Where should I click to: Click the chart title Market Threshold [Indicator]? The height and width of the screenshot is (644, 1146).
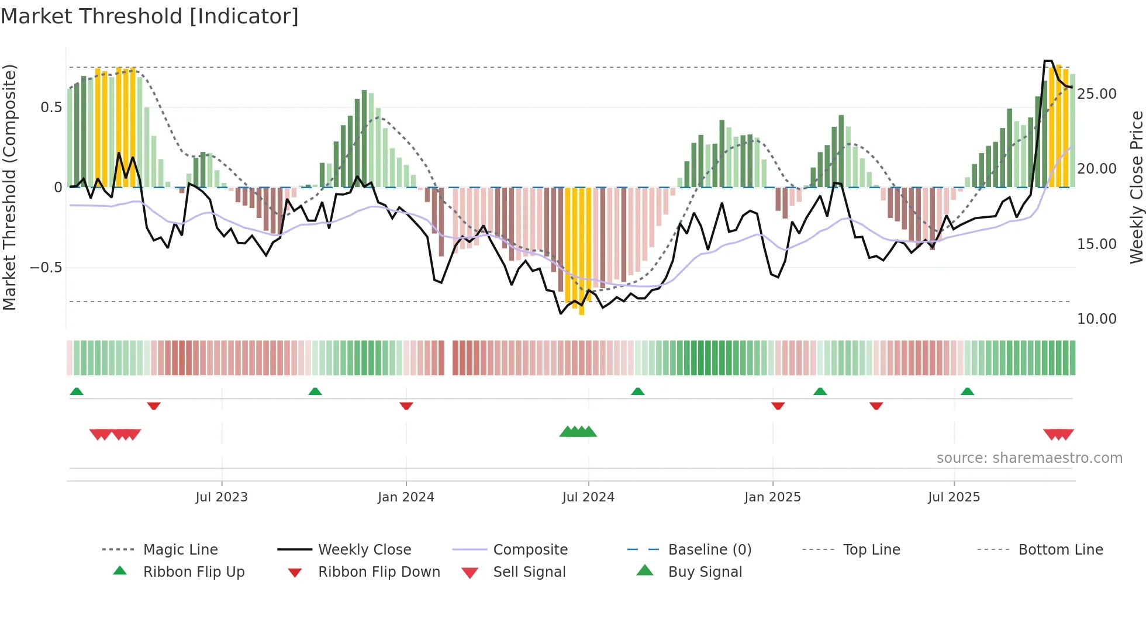click(x=150, y=16)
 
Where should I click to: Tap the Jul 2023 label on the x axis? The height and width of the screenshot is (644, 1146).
click(x=222, y=497)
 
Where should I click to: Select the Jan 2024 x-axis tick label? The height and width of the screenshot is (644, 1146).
click(x=406, y=497)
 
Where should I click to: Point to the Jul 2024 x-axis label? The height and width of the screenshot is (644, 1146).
click(x=588, y=497)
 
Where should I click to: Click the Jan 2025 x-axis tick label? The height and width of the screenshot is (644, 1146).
click(x=772, y=497)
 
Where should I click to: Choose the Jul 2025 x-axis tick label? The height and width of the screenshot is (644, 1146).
click(x=954, y=497)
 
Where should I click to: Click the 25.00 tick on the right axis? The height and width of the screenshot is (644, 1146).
click(x=1096, y=94)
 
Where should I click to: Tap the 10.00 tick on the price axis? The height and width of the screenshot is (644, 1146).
click(x=1096, y=319)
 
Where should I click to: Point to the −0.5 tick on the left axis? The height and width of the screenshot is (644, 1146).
click(x=46, y=268)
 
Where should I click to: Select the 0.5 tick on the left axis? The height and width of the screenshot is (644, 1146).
click(x=51, y=108)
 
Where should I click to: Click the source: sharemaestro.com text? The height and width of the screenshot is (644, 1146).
click(x=1029, y=458)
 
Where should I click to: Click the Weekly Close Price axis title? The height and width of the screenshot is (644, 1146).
click(x=1136, y=187)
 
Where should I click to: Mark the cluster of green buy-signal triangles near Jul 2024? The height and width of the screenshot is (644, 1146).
click(x=578, y=432)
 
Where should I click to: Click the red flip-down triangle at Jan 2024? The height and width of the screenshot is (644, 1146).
click(x=406, y=406)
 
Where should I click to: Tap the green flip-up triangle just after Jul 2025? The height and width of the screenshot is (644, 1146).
click(x=967, y=392)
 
